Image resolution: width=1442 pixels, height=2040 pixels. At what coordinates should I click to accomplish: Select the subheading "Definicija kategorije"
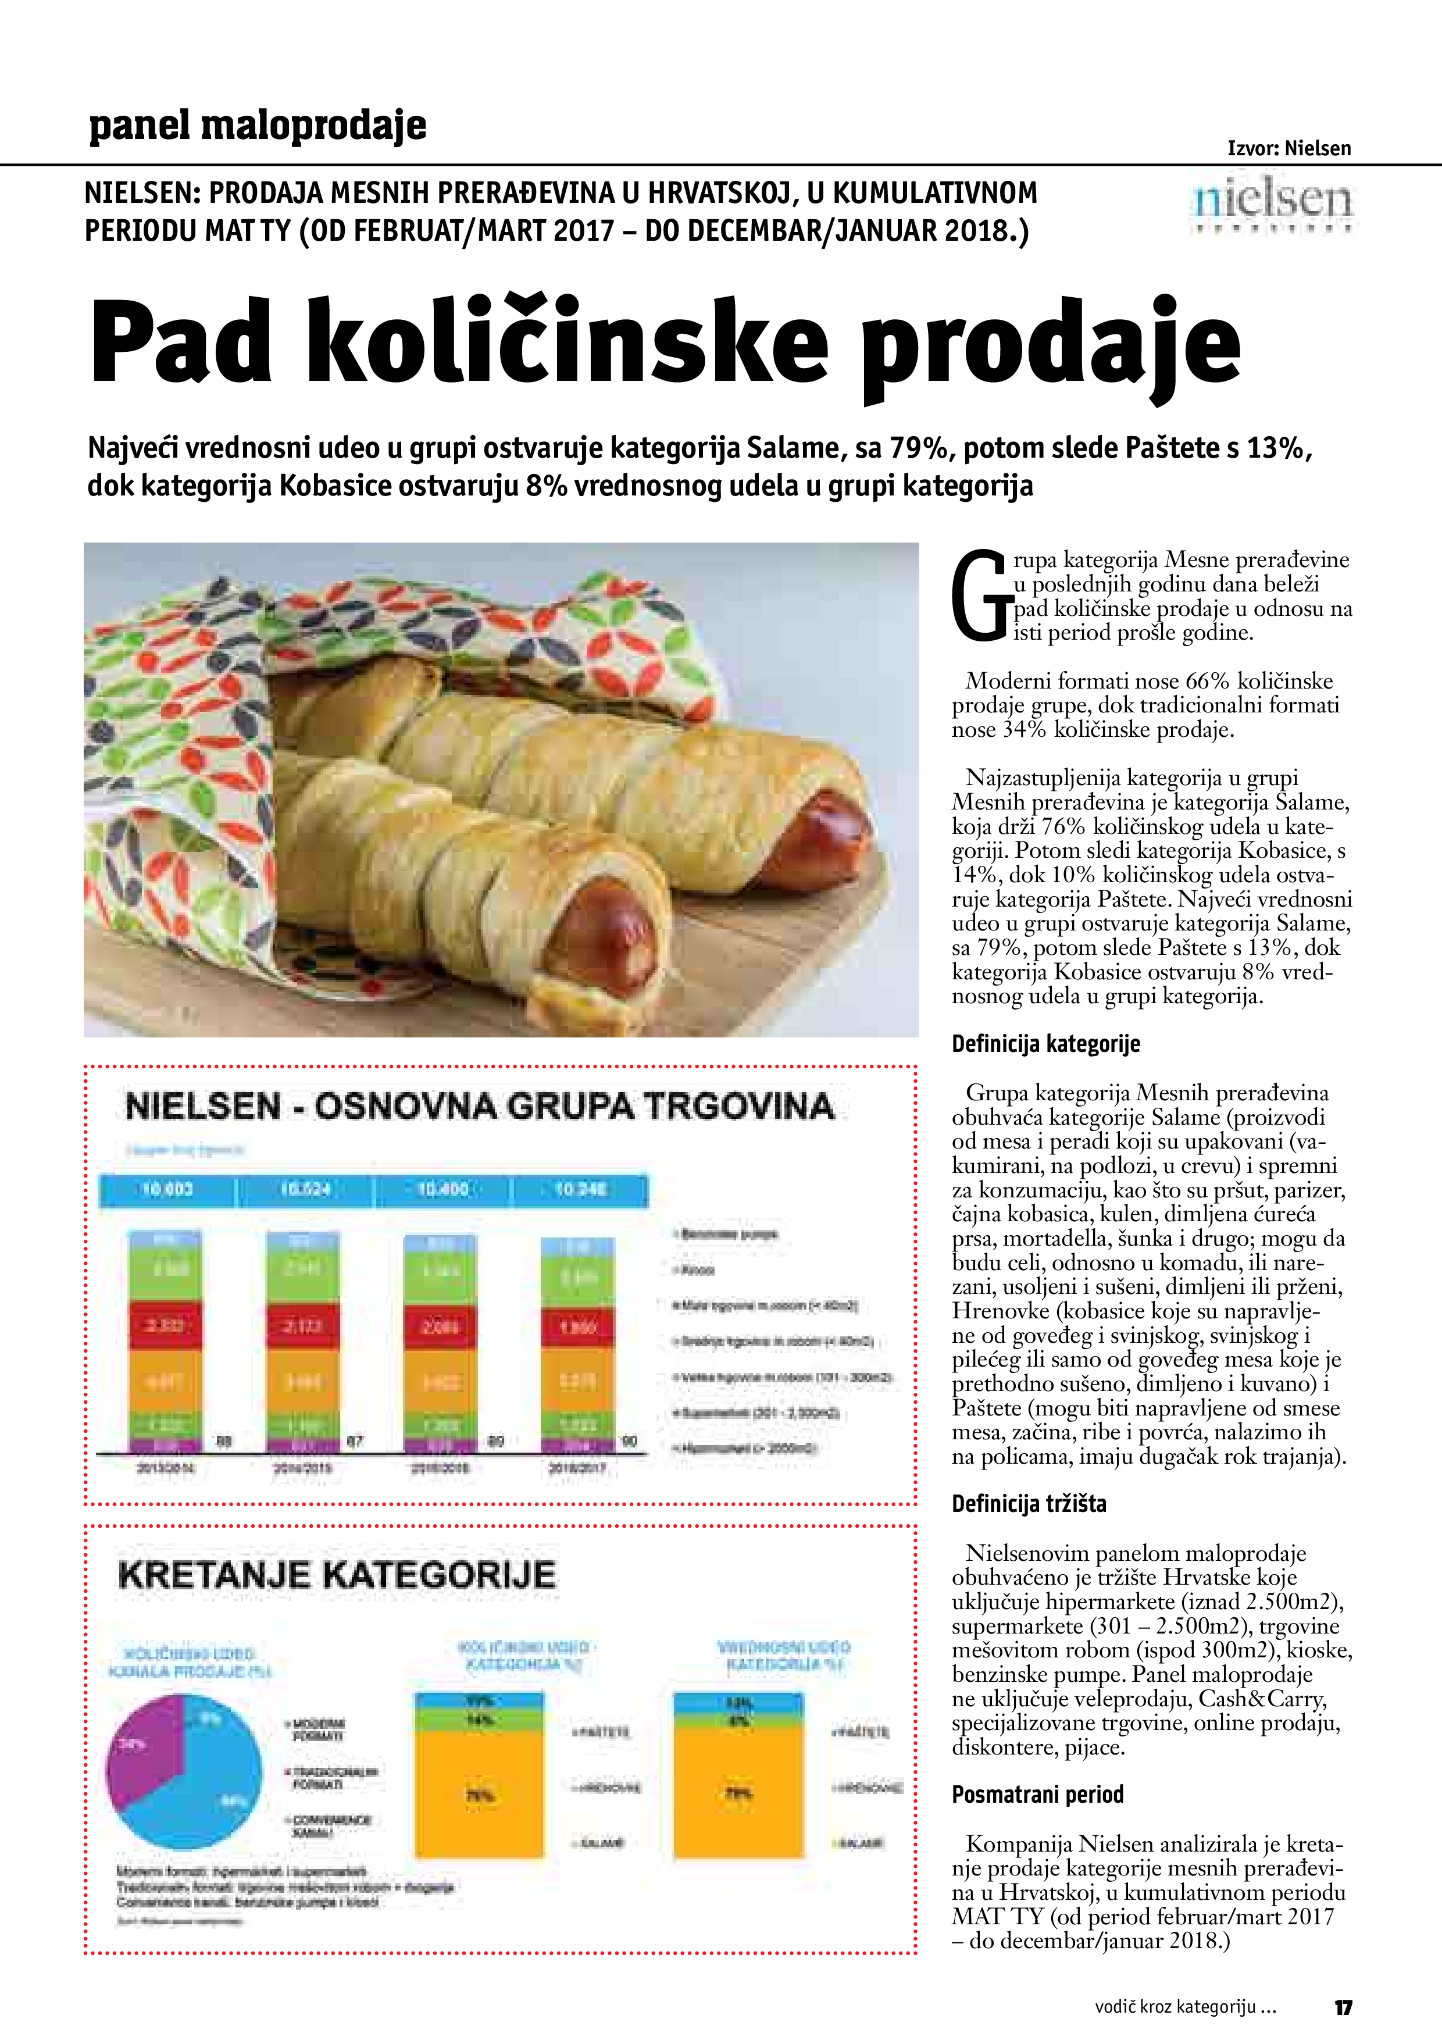click(x=1045, y=1043)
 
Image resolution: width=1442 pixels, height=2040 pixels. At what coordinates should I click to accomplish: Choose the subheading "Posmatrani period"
click(x=1037, y=1794)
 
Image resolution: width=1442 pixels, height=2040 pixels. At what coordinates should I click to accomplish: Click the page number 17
click(x=1343, y=2006)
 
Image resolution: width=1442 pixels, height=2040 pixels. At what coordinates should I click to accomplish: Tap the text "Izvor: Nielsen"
click(x=1288, y=148)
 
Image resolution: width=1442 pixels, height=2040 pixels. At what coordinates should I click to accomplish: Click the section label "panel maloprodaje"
click(x=258, y=125)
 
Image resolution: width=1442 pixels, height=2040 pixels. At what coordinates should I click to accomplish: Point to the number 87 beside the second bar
click(x=355, y=1442)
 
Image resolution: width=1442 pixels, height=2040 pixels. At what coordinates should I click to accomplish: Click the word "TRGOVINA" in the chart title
click(x=738, y=1106)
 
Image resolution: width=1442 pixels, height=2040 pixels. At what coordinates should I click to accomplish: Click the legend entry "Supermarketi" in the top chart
click(x=755, y=1413)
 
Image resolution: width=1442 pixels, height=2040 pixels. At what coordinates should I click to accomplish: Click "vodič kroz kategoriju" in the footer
click(x=1184, y=2006)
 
